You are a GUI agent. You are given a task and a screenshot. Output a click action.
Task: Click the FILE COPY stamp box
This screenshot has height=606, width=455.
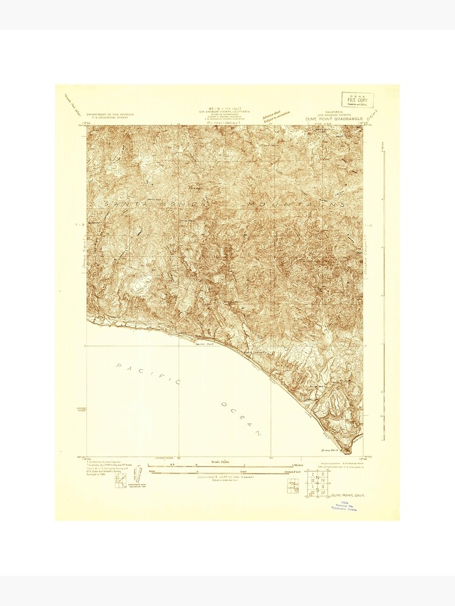(x=357, y=100)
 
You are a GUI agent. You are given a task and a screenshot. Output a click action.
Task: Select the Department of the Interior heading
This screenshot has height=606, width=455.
(x=110, y=115)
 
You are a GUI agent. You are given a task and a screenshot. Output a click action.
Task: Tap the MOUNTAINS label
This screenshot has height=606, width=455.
(x=297, y=205)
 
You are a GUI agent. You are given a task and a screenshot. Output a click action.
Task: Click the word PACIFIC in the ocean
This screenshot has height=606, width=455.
(x=148, y=373)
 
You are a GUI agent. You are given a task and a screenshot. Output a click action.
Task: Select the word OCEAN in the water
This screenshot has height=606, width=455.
(x=241, y=418)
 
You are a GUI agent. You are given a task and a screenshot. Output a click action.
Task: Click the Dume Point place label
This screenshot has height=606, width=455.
(x=329, y=450)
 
